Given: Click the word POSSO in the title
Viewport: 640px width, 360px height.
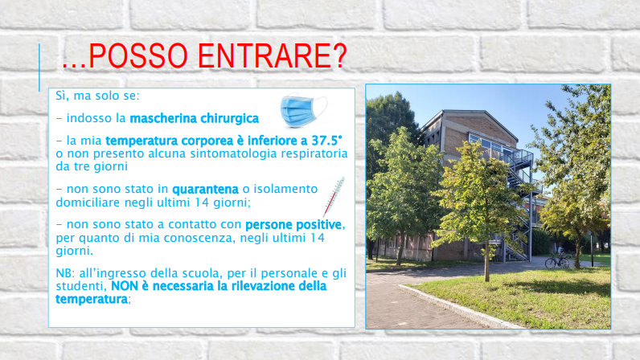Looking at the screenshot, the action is click(x=138, y=55).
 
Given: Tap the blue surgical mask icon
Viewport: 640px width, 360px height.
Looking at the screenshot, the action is click(x=304, y=110).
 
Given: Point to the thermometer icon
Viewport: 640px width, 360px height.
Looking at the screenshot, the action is click(x=334, y=197).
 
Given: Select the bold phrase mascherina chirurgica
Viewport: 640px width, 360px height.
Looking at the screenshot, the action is click(x=195, y=119).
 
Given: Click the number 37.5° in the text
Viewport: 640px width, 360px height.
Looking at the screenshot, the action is click(x=327, y=141).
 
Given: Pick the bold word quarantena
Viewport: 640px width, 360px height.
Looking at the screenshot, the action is click(x=205, y=190).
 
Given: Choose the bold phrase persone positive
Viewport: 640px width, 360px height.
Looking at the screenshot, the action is click(x=293, y=224).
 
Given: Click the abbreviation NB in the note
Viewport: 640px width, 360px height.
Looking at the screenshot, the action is click(x=64, y=273).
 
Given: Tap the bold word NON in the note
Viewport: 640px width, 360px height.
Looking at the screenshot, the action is click(x=125, y=286).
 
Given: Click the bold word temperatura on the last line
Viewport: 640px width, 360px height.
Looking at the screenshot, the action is click(x=92, y=299).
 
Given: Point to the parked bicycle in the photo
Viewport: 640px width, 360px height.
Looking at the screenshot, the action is click(x=557, y=260).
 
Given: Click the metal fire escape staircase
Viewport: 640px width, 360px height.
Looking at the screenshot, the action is click(x=519, y=204).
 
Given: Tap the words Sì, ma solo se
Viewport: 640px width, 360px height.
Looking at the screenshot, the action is click(x=97, y=96).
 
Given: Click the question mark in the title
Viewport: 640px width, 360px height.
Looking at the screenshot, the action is click(x=338, y=55).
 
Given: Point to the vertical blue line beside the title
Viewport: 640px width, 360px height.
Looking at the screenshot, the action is click(x=39, y=67).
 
